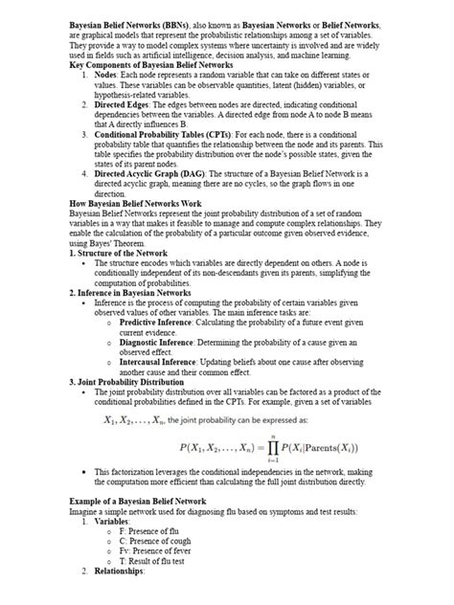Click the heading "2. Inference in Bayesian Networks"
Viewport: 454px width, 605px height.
(139, 291)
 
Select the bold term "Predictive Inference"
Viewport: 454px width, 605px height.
(155, 324)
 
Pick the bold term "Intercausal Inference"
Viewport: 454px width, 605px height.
(158, 364)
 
